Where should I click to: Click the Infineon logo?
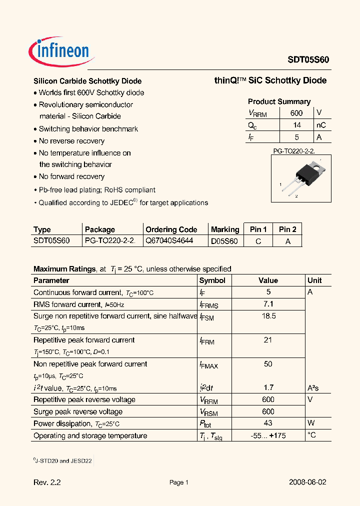point(59,50)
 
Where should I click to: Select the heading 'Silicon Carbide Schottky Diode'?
point(87,81)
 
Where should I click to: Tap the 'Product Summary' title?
point(279,101)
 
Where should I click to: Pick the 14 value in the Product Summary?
point(296,125)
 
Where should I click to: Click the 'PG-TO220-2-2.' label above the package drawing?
point(293,150)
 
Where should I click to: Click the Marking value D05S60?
point(224,241)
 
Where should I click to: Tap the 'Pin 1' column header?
point(258,229)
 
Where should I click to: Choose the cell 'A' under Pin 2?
point(287,241)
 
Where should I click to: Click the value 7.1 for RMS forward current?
point(268,304)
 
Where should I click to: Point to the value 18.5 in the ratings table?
point(268,316)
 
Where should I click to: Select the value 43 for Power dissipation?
point(268,423)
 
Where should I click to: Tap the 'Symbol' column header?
point(212,280)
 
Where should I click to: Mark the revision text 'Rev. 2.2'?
point(47,482)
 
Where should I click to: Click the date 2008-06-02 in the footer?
point(307,482)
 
